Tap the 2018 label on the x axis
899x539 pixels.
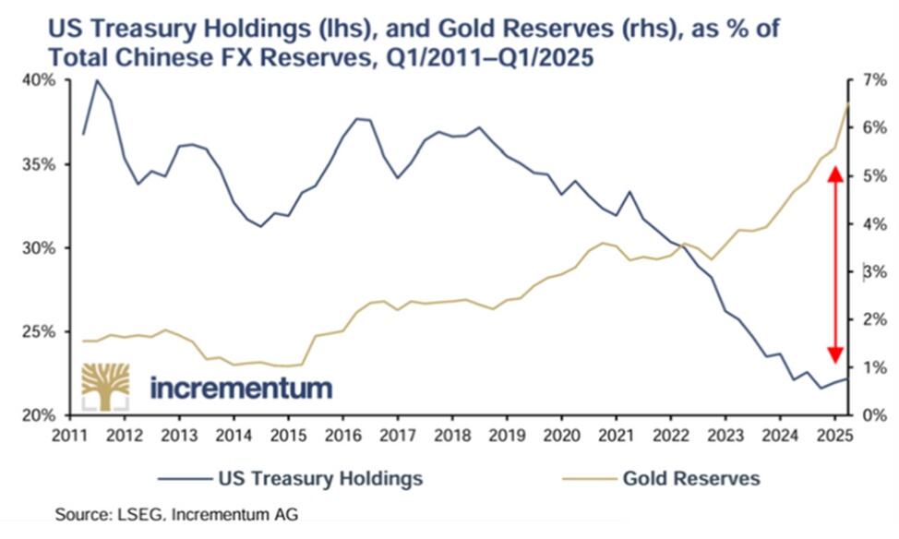[x=450, y=435]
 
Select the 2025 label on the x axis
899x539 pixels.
[x=834, y=435]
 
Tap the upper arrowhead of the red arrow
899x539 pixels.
[x=834, y=173]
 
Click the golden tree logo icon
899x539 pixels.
[x=104, y=386]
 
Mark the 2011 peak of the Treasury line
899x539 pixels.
[x=97, y=80]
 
